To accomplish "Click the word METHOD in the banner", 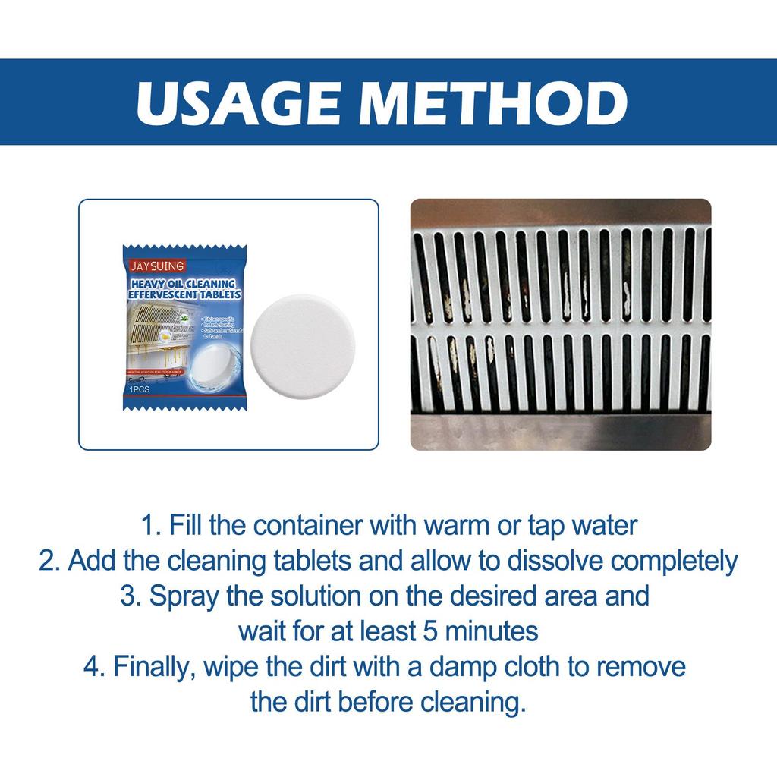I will pyautogui.click(x=495, y=102).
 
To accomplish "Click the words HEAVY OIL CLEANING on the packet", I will pyautogui.click(x=181, y=283).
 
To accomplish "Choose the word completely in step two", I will pyautogui.click(x=675, y=561).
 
